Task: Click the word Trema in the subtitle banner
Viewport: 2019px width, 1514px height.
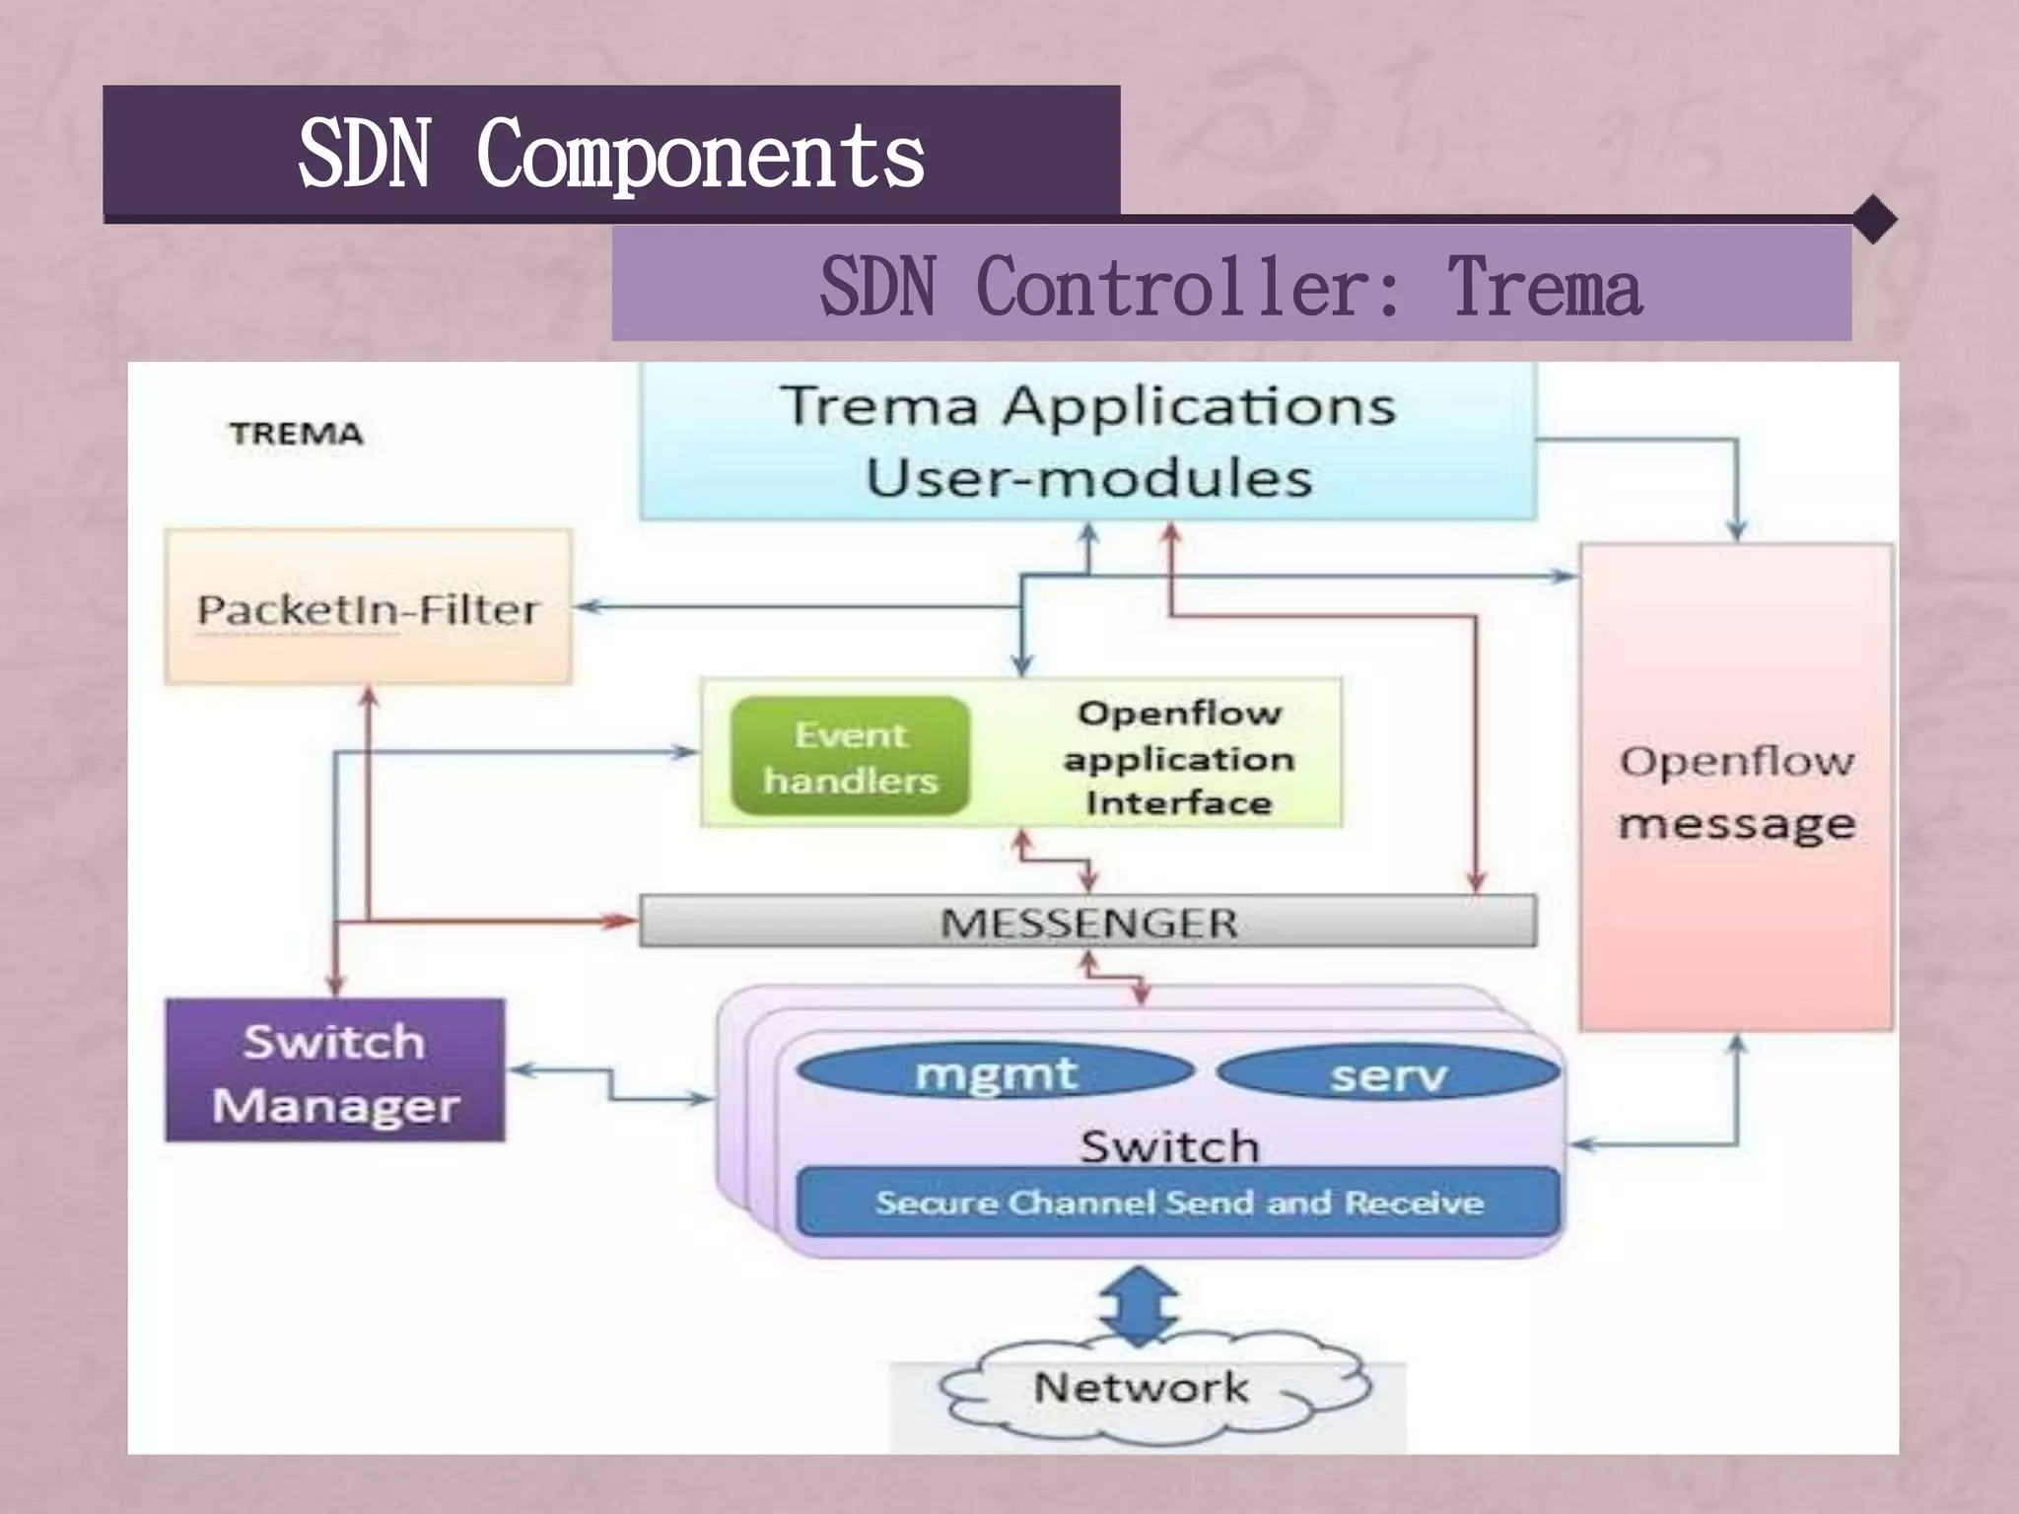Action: click(x=1544, y=286)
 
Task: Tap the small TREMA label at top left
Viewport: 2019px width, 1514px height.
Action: click(x=296, y=434)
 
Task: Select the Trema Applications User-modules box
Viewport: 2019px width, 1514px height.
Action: click(x=1087, y=441)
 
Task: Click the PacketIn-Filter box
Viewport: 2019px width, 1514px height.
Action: click(x=368, y=608)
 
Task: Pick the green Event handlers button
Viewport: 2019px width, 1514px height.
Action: click(x=850, y=757)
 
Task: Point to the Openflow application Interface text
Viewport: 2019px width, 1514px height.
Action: click(x=1178, y=757)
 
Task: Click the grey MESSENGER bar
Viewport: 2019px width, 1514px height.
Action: click(x=1087, y=922)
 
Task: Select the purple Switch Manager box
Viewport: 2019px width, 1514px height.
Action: click(x=335, y=1071)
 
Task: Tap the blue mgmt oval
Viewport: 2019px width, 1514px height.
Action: click(x=995, y=1071)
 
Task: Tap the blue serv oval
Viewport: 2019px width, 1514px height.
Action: click(x=1388, y=1073)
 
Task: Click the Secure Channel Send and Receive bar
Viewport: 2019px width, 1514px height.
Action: click(x=1178, y=1203)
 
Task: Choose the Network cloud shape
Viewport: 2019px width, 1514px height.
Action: click(x=1144, y=1390)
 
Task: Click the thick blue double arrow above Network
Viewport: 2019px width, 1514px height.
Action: click(x=1139, y=1307)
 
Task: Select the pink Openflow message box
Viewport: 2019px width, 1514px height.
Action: click(x=1736, y=789)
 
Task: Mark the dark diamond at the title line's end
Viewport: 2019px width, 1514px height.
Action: click(x=1874, y=219)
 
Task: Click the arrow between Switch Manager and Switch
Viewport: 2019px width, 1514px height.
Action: click(x=611, y=1084)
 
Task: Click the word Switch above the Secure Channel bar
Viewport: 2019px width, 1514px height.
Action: click(x=1170, y=1146)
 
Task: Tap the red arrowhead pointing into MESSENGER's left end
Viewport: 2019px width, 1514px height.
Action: click(x=623, y=921)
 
